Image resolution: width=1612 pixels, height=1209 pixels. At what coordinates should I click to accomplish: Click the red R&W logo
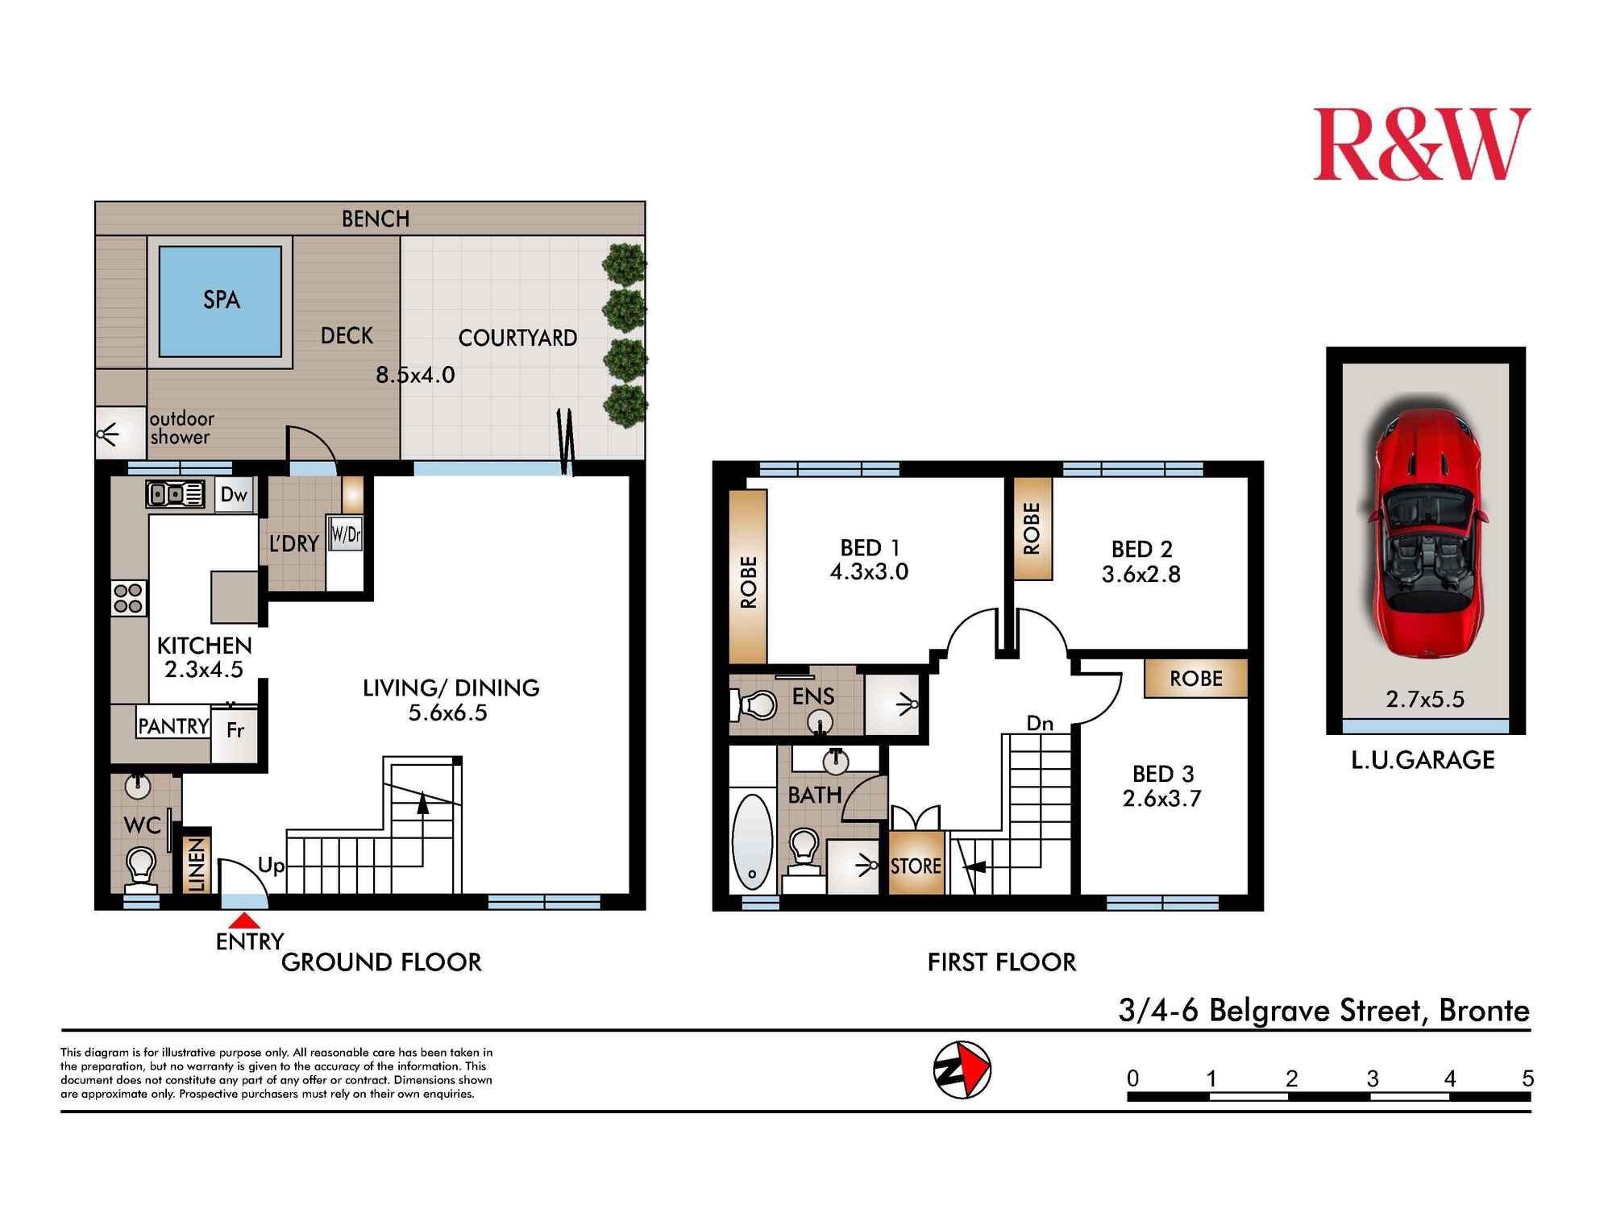[1422, 144]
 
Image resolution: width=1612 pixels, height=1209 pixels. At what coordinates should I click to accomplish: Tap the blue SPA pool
[220, 301]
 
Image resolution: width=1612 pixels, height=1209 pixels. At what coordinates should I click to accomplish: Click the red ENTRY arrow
[249, 920]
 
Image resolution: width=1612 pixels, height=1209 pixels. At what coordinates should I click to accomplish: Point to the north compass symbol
[962, 1070]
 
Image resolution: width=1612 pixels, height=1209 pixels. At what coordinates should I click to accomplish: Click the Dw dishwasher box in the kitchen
[234, 494]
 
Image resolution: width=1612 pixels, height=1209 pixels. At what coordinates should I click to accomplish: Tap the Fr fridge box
[235, 730]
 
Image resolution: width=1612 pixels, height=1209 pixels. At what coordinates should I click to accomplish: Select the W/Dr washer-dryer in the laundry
[345, 534]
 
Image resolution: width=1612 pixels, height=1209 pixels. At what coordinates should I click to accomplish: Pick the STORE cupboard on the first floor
[916, 865]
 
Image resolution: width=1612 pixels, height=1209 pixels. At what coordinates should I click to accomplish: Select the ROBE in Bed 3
[1196, 679]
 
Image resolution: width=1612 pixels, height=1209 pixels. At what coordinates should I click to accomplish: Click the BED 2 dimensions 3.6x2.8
[1141, 574]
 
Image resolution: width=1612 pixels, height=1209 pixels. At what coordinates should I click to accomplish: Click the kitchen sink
[175, 493]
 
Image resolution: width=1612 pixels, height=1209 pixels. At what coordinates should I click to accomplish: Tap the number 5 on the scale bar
[1527, 1078]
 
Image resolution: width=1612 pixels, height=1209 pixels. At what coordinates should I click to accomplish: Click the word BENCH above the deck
[376, 219]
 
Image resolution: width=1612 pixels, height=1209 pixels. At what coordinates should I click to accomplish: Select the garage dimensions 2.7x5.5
[1425, 699]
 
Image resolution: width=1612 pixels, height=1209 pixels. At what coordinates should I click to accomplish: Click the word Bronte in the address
[1484, 1011]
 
